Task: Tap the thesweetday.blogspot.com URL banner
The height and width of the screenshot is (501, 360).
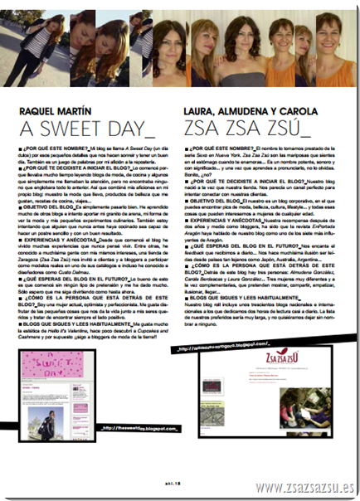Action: [129, 428]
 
